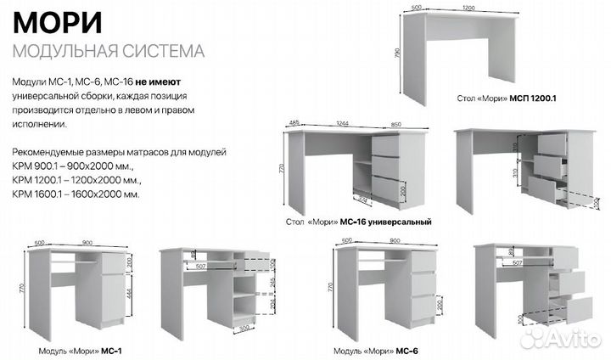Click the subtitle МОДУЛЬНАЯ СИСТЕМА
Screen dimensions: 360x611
[109, 50]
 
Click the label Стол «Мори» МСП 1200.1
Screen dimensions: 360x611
[505, 98]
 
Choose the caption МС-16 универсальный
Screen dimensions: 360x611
[386, 222]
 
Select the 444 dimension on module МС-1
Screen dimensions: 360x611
[128, 293]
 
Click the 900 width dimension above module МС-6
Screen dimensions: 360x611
[391, 241]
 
